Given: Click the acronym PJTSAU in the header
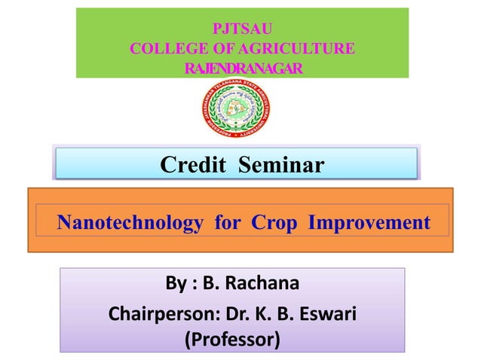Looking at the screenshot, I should point(241,29).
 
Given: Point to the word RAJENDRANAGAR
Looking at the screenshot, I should point(242,69).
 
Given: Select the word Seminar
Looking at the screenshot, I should point(281,164).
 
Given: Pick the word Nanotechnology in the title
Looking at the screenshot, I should point(130,223).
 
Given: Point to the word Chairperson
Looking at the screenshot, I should point(158,312).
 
